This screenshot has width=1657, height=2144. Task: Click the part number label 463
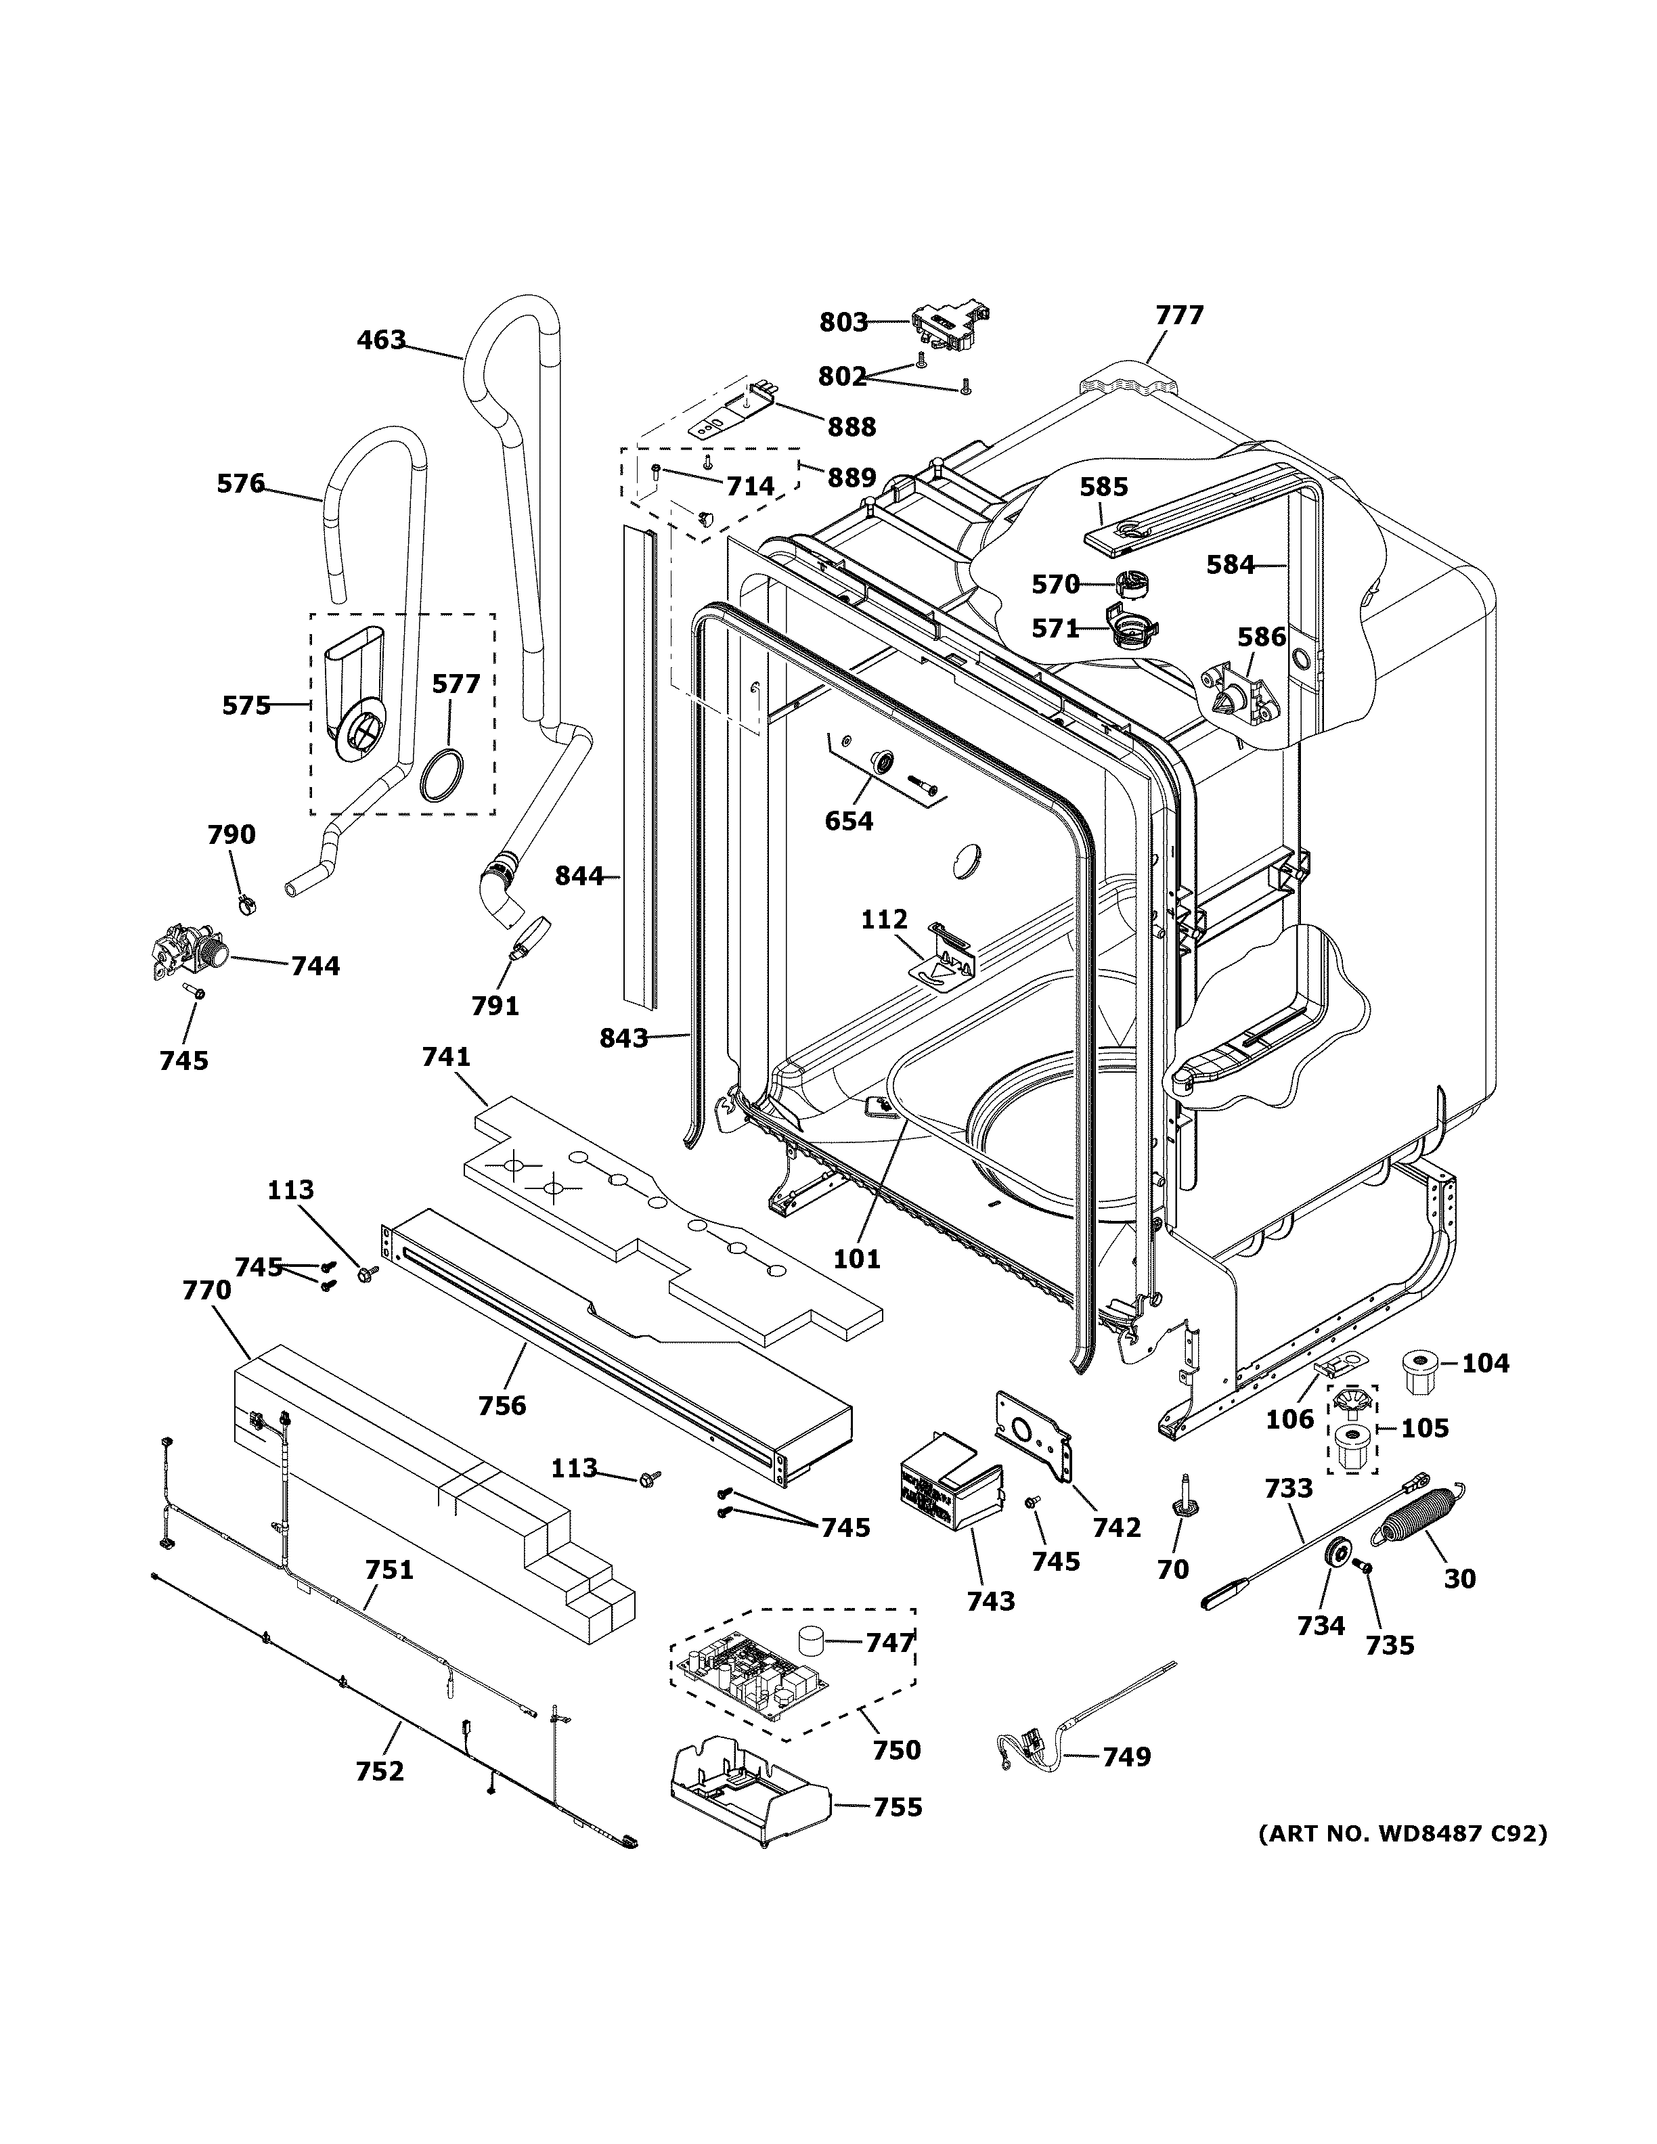(381, 340)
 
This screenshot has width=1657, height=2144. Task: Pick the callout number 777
(1179, 315)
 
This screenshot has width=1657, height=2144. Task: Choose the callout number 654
(849, 821)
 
